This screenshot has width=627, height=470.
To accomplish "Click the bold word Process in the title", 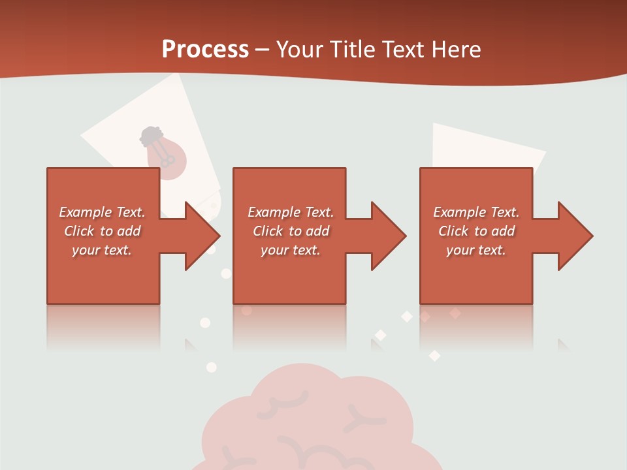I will click(x=205, y=50).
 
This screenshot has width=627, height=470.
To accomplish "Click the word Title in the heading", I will click(x=349, y=50).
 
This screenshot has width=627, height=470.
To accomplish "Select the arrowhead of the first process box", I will click(x=202, y=236).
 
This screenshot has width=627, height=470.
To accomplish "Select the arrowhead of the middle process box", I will click(x=389, y=236).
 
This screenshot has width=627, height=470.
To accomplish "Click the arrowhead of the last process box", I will click(x=575, y=236).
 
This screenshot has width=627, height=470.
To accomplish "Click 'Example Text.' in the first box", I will click(x=102, y=212).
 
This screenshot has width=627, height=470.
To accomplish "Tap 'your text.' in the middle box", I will click(x=290, y=250).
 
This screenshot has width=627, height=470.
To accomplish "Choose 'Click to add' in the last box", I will click(x=476, y=231).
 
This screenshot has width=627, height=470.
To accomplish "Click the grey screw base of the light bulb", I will click(x=152, y=136).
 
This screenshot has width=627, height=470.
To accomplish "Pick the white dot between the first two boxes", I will click(x=226, y=274).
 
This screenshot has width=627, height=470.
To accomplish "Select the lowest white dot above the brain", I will click(x=211, y=368).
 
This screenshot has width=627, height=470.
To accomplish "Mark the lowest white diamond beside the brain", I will click(x=434, y=356).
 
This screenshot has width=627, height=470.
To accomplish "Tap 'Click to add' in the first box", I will click(x=102, y=231).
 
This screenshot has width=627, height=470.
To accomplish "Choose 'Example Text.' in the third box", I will click(x=476, y=212).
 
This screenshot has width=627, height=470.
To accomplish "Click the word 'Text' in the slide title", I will click(x=403, y=50).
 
